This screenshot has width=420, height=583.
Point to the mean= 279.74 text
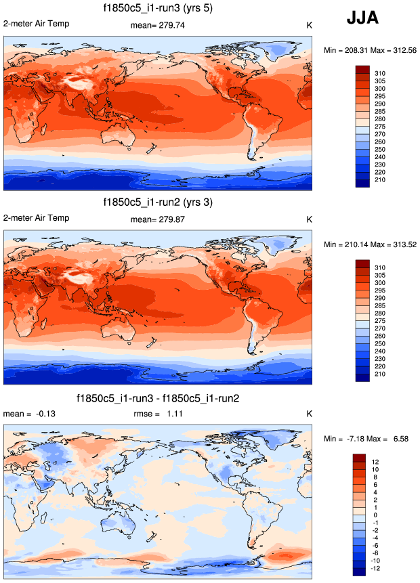(x=157, y=26)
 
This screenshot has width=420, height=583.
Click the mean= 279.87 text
(x=157, y=219)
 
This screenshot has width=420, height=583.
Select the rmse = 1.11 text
(x=157, y=414)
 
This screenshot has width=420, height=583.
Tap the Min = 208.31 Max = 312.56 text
(x=369, y=50)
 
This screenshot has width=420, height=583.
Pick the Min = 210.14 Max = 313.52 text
(x=369, y=244)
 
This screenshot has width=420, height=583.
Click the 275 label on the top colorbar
(x=381, y=126)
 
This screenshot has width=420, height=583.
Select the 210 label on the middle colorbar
(x=381, y=374)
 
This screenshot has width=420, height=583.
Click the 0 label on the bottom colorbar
(x=377, y=515)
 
